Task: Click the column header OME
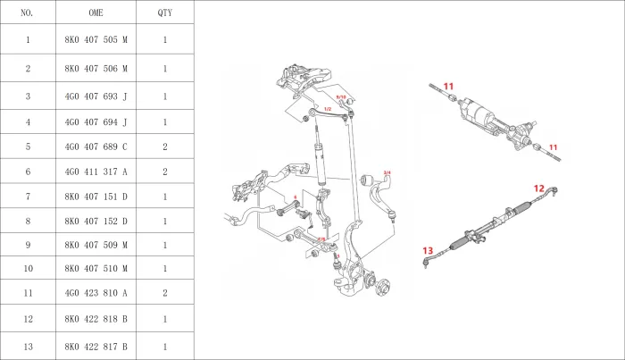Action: tap(96, 13)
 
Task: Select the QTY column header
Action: tap(165, 13)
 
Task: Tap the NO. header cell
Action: tap(27, 13)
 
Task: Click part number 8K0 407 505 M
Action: tap(96, 40)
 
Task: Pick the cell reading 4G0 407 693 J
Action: tap(96, 96)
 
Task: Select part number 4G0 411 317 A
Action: tap(96, 171)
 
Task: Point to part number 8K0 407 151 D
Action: tap(96, 196)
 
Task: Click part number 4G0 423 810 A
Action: tap(96, 292)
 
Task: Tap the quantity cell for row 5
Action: tap(165, 146)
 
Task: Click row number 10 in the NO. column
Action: tap(27, 268)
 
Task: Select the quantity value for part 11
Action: tap(165, 292)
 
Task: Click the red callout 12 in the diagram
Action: tap(538, 188)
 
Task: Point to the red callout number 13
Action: tap(428, 251)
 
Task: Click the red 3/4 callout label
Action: tap(387, 172)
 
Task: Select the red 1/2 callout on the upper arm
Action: tap(328, 109)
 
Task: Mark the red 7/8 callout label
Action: tap(321, 239)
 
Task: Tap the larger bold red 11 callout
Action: tap(449, 87)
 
